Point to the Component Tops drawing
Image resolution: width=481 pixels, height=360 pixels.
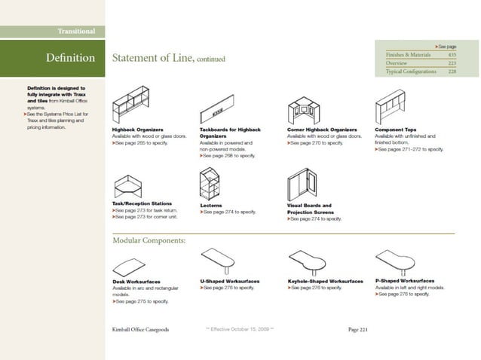400,106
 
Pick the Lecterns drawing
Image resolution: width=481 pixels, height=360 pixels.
212,182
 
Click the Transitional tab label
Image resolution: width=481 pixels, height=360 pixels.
76,31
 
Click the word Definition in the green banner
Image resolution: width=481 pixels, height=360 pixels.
70,58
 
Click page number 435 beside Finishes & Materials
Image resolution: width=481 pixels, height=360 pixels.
452,56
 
